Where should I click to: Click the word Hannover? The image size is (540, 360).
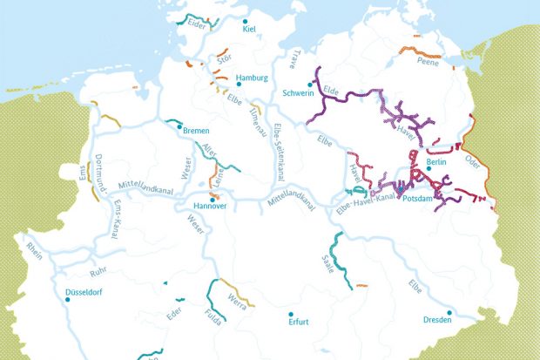click(210, 206)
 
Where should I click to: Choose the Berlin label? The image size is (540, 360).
click(437, 162)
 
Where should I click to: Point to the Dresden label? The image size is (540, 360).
click(438, 321)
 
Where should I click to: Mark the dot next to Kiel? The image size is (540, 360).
click(246, 21)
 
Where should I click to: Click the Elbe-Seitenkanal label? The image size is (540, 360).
click(278, 147)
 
